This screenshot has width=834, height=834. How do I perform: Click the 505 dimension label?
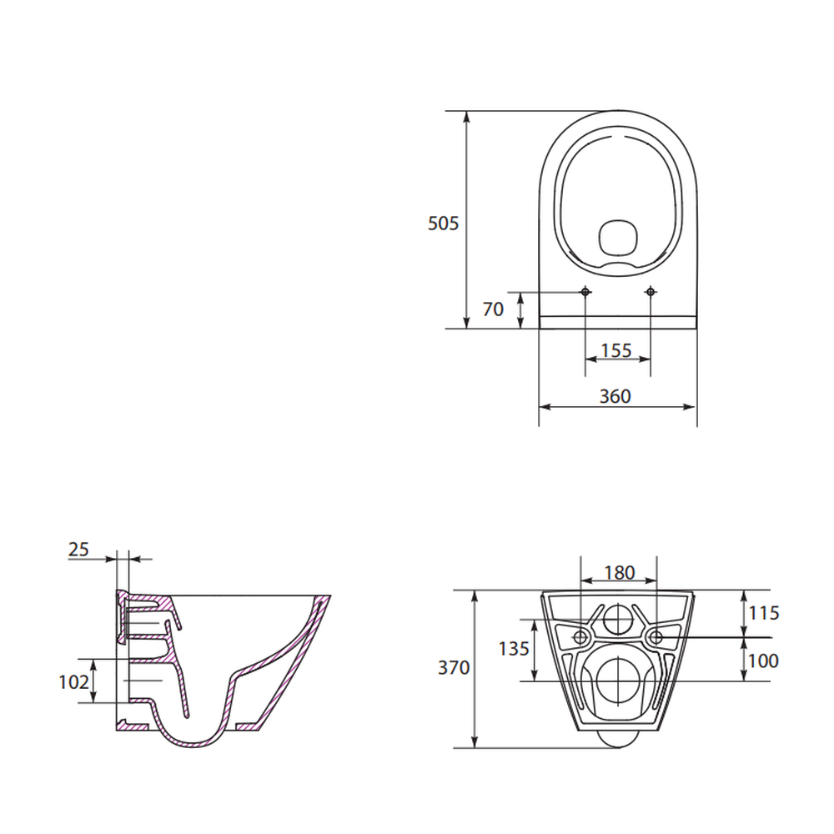[443, 224]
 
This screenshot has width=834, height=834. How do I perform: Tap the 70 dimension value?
[493, 309]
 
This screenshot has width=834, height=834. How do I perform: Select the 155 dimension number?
[616, 350]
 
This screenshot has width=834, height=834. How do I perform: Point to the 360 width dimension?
[615, 396]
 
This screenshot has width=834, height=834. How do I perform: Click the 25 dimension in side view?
[78, 549]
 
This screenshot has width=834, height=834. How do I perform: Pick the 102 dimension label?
[74, 682]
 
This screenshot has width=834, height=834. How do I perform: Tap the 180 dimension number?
[620, 572]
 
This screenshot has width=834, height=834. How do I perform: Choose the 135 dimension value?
[514, 648]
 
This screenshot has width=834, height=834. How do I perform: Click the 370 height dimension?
[454, 667]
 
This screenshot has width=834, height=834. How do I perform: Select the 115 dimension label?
[764, 613]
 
